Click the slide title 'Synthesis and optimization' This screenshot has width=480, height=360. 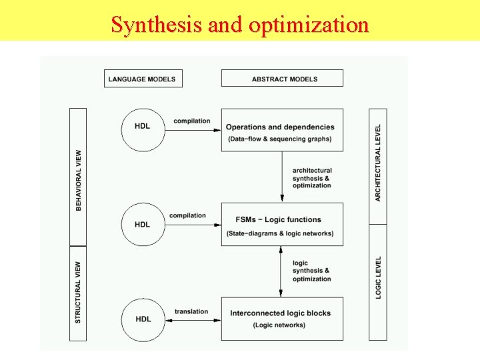point(239,25)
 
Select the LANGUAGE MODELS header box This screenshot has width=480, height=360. point(143,79)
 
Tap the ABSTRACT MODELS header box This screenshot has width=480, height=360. point(282,79)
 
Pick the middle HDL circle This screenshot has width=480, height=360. point(142,224)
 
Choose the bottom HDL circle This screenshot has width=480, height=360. point(142,319)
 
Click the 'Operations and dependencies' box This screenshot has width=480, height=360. point(282,129)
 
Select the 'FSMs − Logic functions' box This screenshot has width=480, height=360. point(282,224)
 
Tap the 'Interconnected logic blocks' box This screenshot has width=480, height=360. point(282,319)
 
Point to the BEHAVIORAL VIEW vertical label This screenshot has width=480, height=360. point(79,180)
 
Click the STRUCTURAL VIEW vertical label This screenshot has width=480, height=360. point(79,293)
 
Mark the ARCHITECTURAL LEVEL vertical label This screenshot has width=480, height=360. point(378,163)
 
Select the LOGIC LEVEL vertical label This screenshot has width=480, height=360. point(378,277)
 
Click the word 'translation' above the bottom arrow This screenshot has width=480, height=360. point(191,311)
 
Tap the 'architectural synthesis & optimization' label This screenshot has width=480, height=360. point(311,178)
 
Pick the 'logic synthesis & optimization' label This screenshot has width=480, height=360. point(311,271)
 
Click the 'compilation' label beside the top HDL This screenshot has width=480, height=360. point(191,121)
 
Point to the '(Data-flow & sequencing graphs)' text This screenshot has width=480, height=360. point(280,139)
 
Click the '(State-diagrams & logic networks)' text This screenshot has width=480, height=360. point(280,233)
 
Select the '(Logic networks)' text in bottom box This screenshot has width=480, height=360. point(279,325)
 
